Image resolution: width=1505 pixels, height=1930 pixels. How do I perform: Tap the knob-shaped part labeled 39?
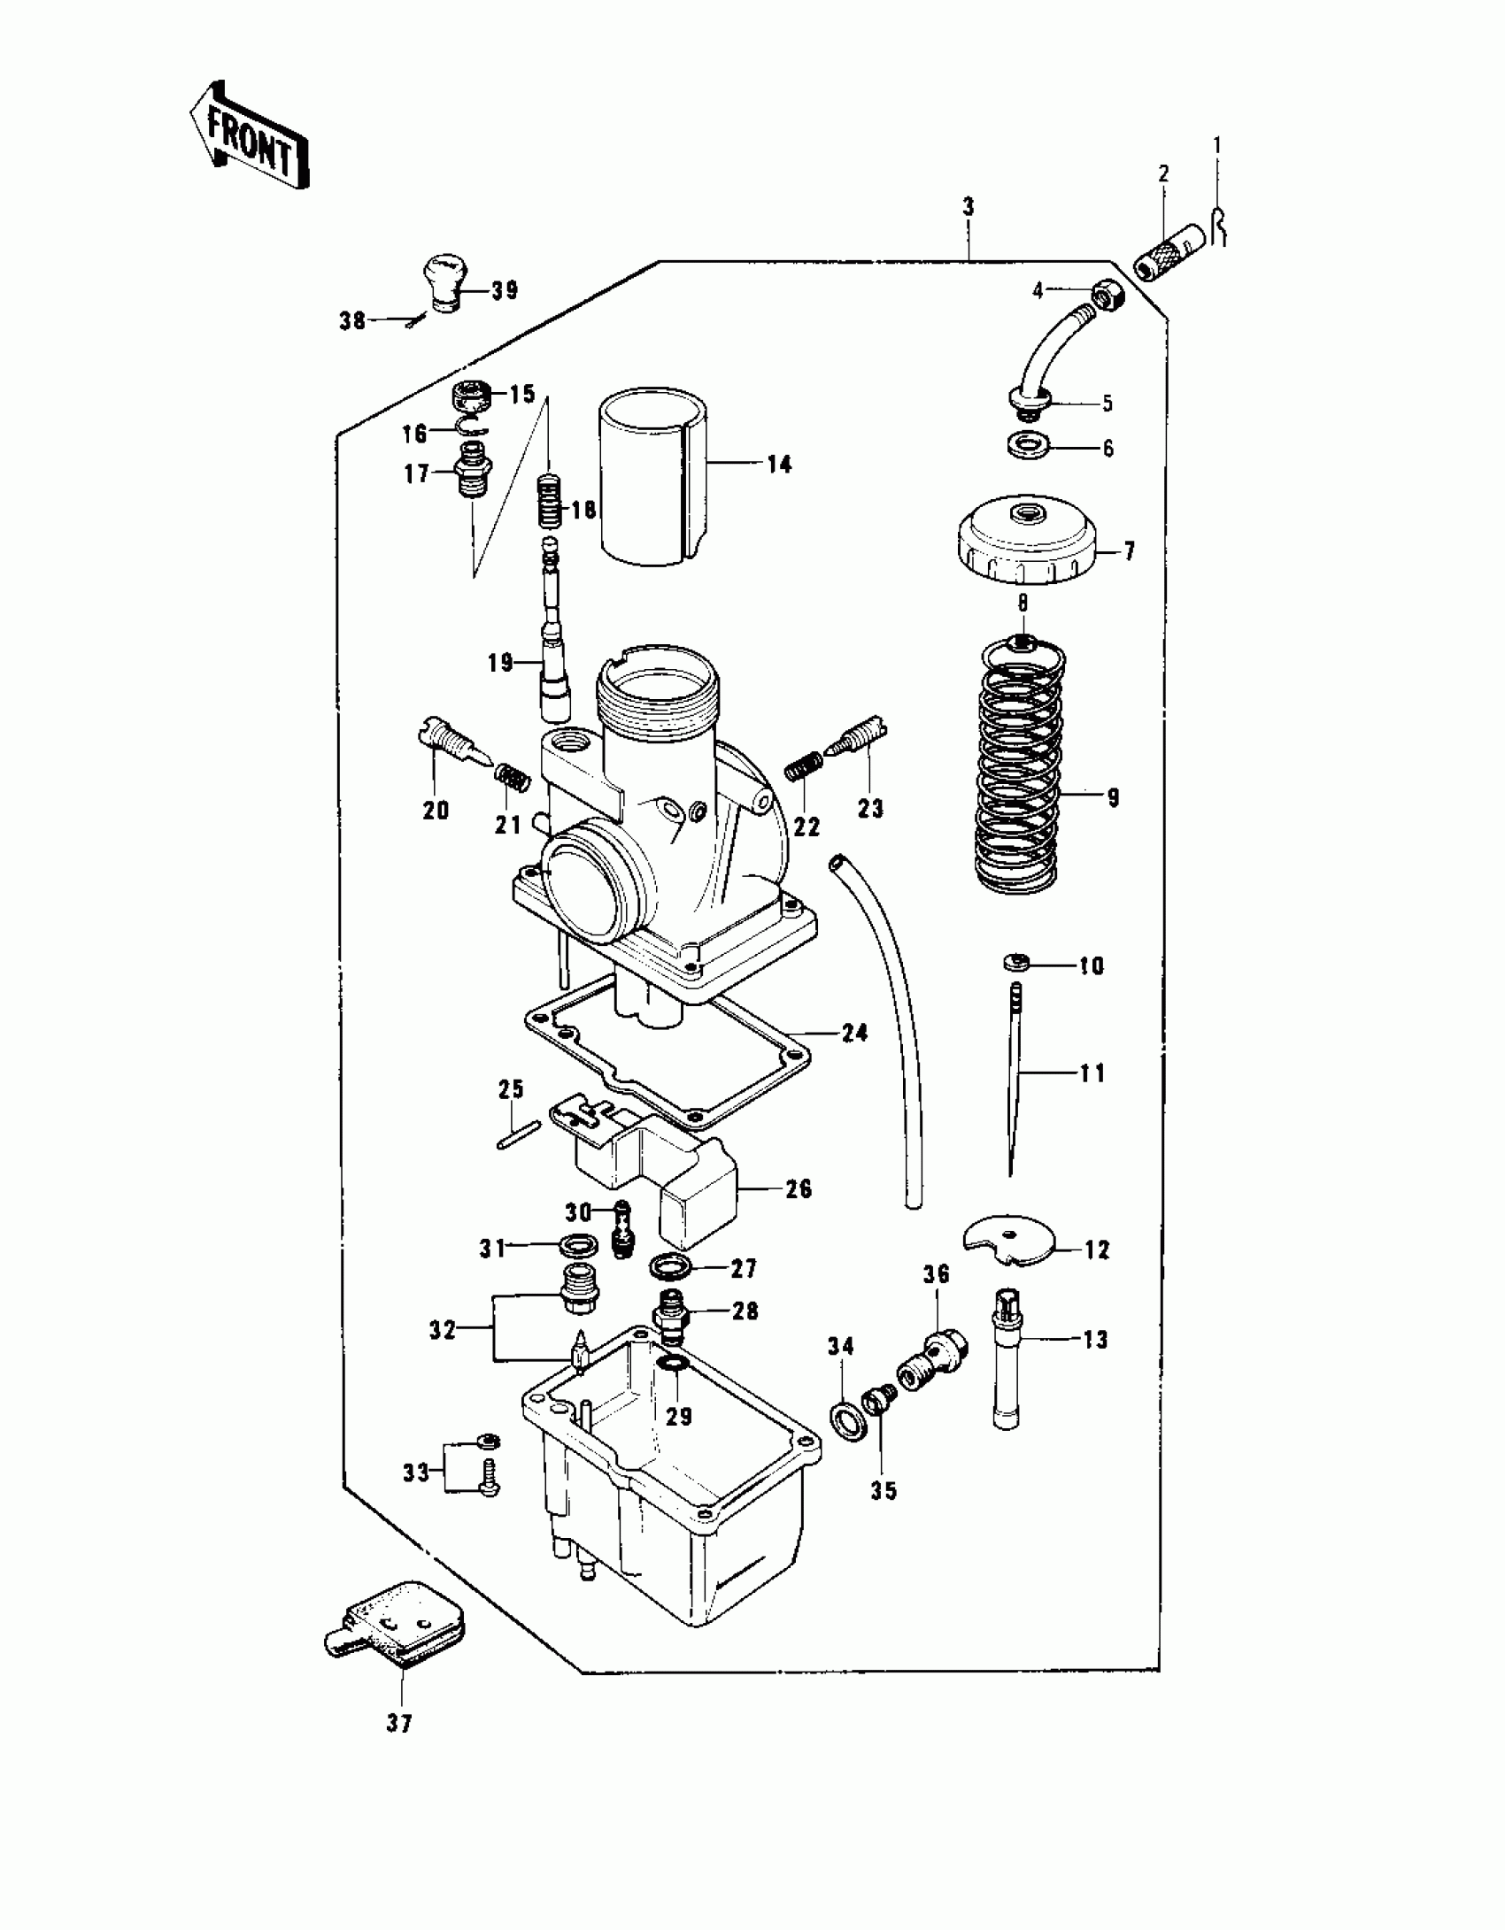[x=442, y=282]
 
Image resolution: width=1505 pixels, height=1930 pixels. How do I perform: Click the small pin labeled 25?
[x=518, y=1134]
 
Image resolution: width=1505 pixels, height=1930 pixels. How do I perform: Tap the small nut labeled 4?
[x=1108, y=295]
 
